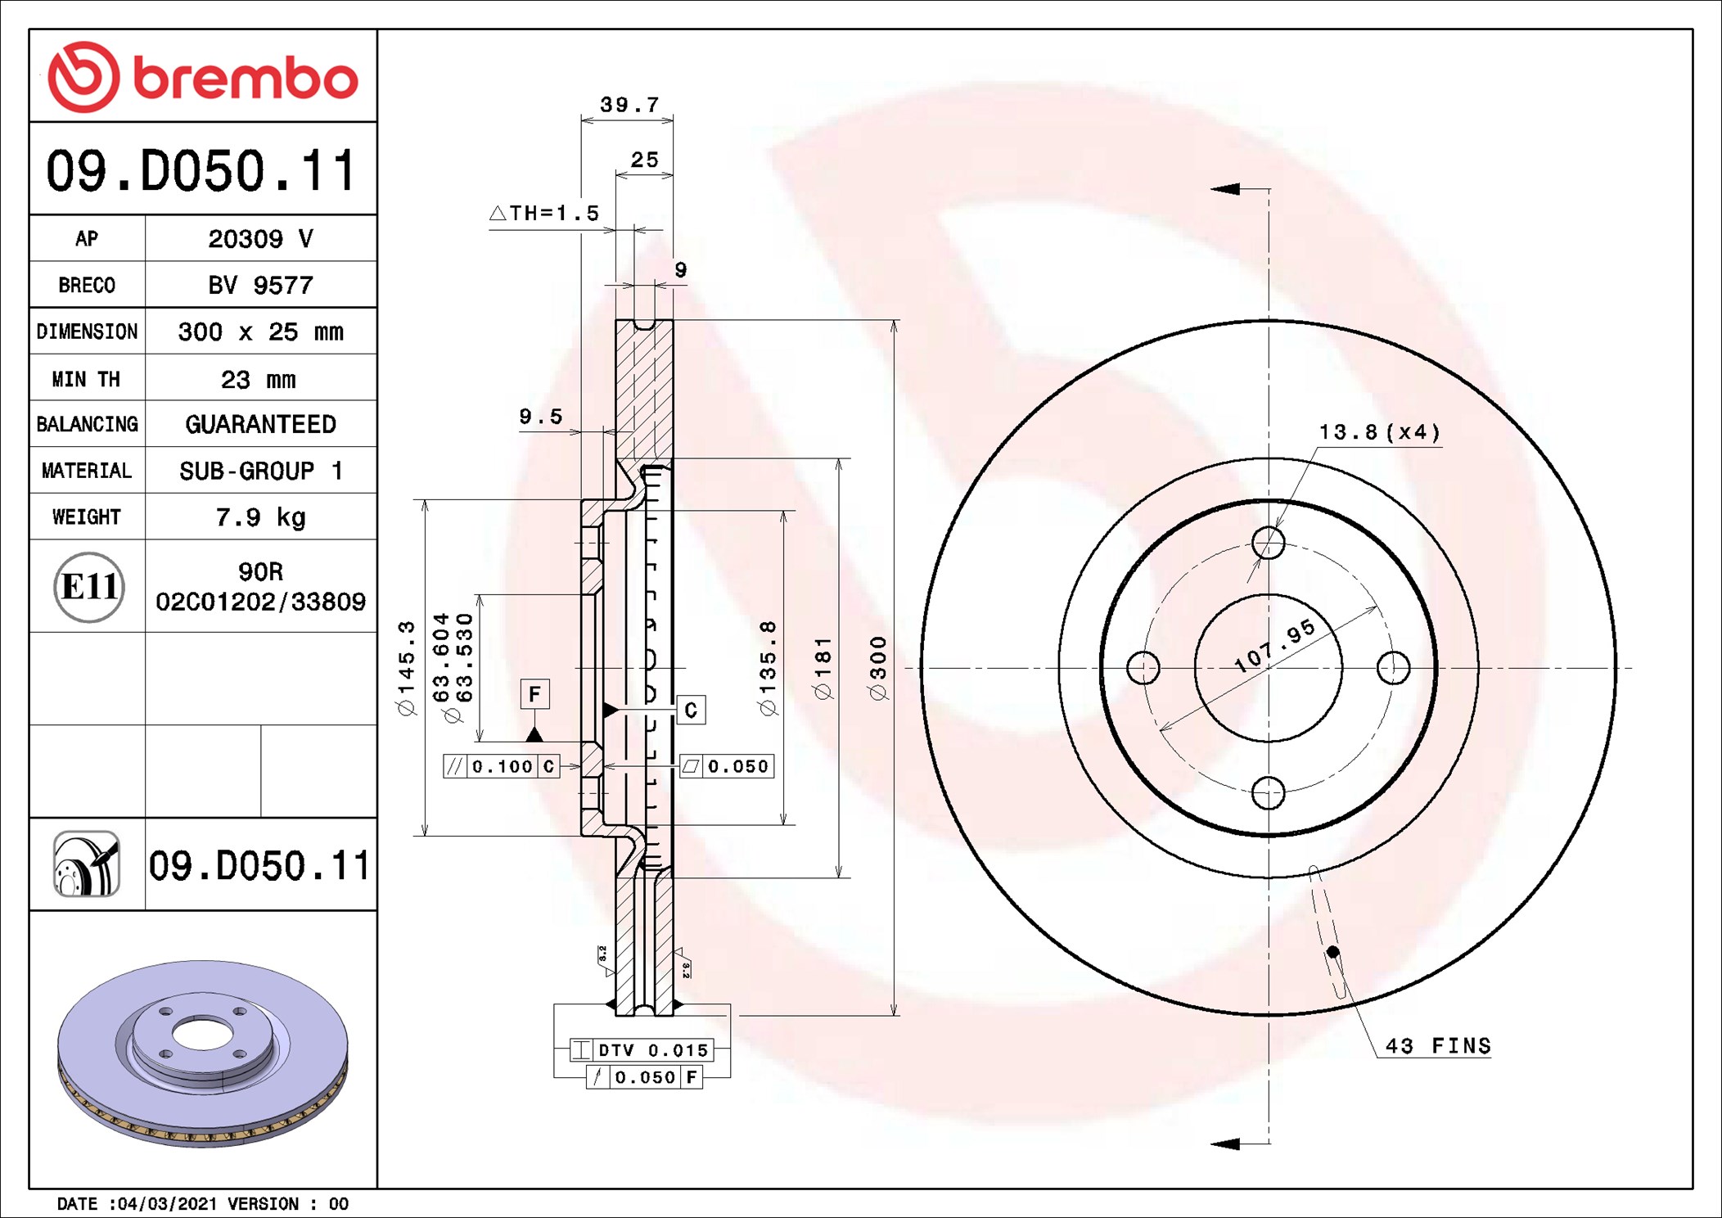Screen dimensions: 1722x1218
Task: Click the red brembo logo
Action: (202, 77)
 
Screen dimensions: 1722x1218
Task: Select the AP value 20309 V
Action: (260, 239)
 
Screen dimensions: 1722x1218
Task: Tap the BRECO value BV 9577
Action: (260, 285)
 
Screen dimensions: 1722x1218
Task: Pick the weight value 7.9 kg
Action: (260, 517)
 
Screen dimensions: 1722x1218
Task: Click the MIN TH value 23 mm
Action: (259, 379)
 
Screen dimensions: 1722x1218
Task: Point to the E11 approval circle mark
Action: (89, 587)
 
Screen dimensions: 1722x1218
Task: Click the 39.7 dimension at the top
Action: (629, 105)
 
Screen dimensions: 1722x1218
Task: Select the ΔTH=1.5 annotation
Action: (544, 213)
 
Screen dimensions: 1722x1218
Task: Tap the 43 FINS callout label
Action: (1438, 1045)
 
